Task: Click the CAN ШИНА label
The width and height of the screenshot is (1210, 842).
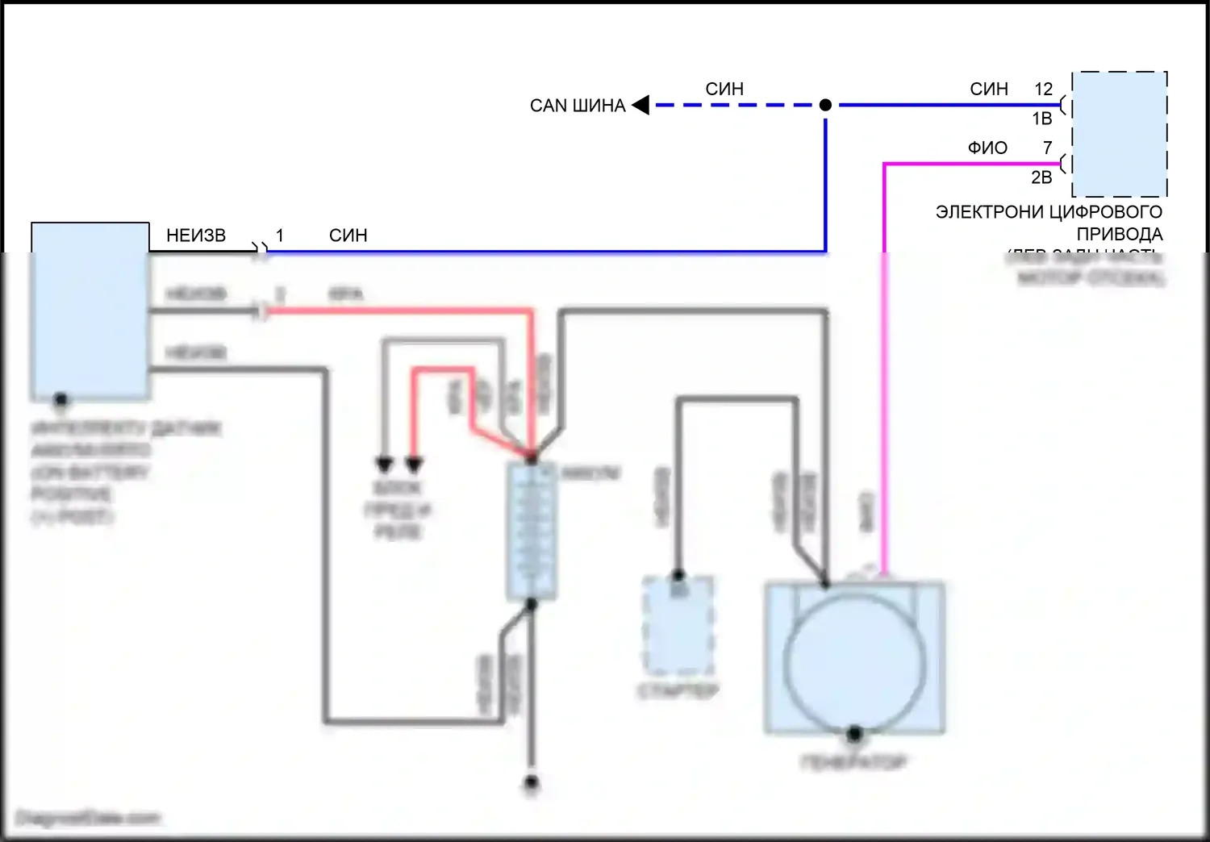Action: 578,106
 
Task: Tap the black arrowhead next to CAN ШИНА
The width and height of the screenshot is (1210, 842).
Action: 641,105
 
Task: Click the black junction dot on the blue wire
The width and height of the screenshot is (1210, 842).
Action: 825,105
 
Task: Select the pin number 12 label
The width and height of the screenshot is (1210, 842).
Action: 1043,89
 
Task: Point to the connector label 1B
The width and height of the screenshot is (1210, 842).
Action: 1041,119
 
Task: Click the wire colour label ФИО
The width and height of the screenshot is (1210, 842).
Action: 987,148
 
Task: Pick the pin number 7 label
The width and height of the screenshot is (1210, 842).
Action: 1047,148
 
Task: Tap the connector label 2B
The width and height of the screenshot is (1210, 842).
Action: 1041,177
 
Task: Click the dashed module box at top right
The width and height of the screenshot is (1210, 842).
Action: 1120,134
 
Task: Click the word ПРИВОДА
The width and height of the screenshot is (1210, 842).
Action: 1120,235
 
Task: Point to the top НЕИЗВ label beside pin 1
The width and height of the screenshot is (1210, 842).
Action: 196,236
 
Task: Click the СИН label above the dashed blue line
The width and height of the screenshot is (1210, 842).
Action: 724,89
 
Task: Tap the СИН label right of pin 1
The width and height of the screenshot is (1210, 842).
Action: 348,236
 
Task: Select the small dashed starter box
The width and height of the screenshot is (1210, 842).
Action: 678,626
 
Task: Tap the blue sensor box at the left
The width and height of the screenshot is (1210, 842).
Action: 90,311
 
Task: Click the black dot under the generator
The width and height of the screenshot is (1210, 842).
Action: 854,734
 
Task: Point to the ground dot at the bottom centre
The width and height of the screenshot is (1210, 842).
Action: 531,782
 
